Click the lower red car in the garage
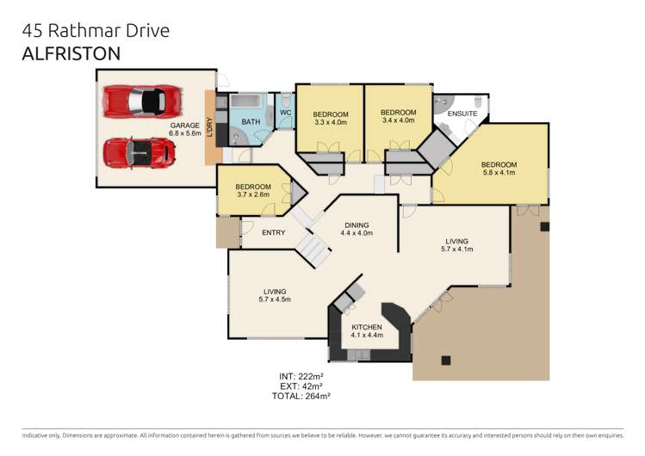[x=139, y=153]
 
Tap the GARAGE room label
[x=184, y=125]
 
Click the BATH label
[x=251, y=122]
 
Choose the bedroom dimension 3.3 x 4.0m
[x=330, y=122]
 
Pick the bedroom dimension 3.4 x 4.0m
[x=398, y=120]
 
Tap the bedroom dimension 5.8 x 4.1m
[x=499, y=173]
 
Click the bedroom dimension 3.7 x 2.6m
[x=253, y=195]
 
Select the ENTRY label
[x=273, y=232]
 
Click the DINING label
[x=357, y=224]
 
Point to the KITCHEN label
[x=367, y=327]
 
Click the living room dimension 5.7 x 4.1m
[x=457, y=250]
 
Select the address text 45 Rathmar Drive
[x=96, y=30]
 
